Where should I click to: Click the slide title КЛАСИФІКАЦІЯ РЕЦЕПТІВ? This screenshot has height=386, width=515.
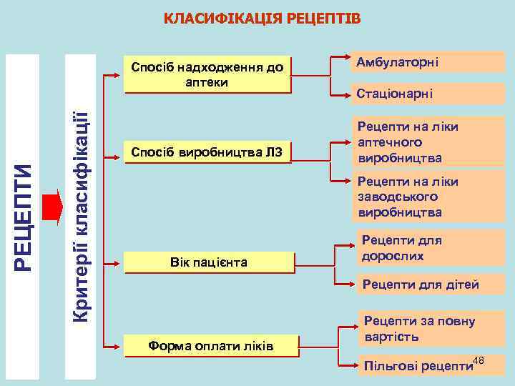(263, 17)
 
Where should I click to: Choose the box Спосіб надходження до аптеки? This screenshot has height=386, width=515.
(207, 74)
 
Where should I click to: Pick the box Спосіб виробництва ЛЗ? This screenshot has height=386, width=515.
(207, 152)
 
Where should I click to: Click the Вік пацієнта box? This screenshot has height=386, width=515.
(209, 262)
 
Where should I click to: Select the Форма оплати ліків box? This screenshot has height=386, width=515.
(211, 347)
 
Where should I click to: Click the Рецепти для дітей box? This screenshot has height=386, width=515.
(428, 284)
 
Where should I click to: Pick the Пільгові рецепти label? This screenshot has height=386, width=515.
(418, 366)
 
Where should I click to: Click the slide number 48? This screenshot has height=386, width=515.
(479, 360)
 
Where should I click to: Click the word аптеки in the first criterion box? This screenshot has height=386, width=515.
(207, 82)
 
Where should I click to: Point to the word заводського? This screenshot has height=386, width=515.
(398, 197)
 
